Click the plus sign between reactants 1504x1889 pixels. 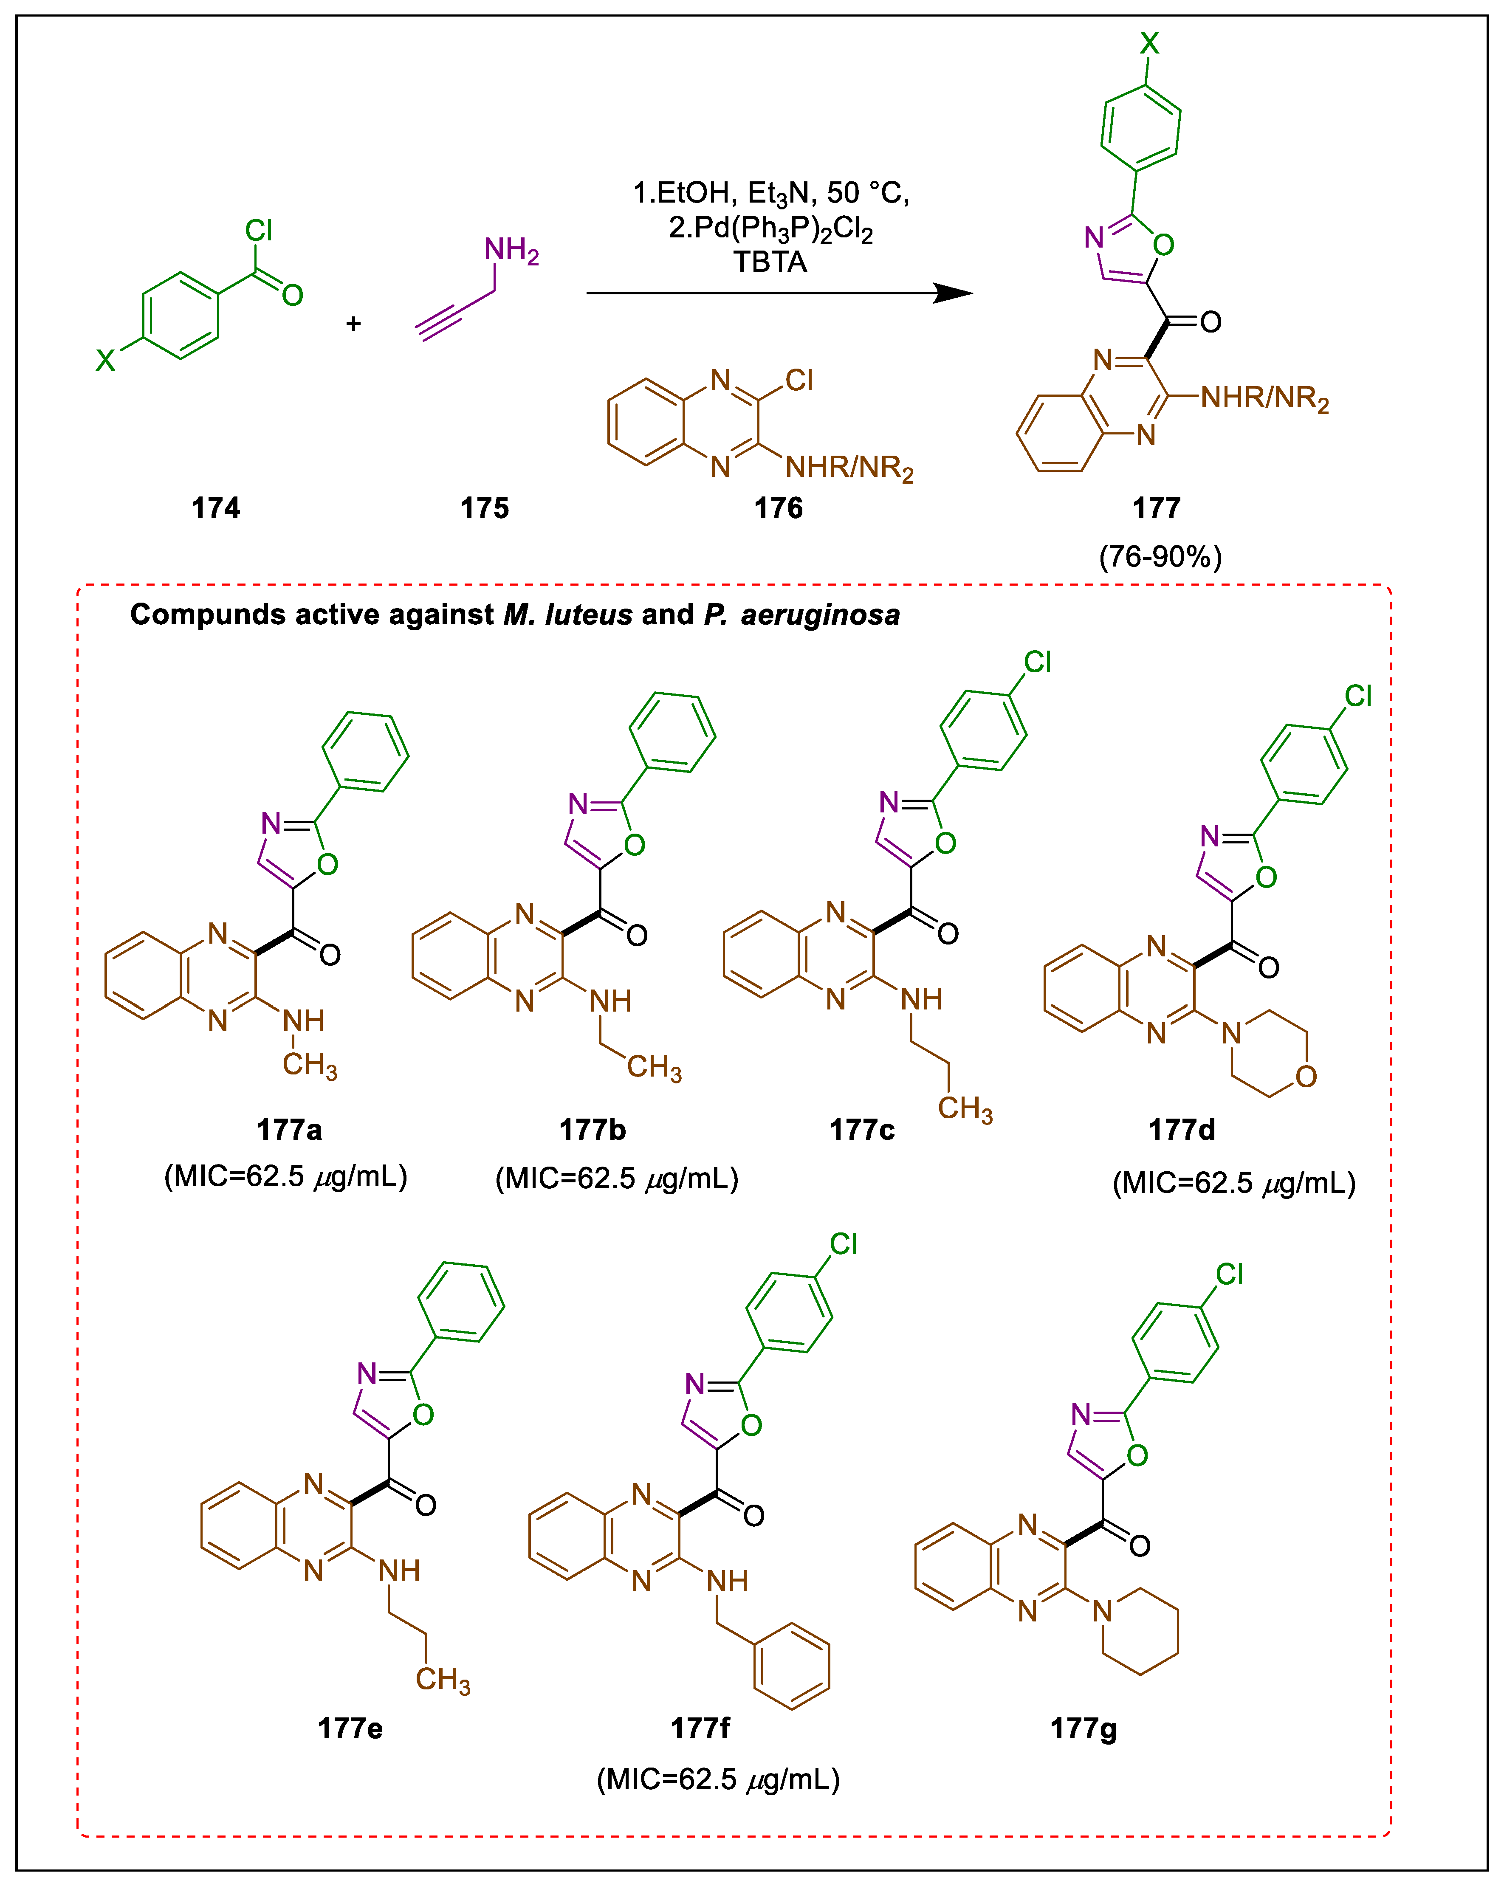click(x=353, y=323)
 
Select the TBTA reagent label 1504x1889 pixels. click(x=770, y=262)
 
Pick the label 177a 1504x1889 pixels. click(x=289, y=1130)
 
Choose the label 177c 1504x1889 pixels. click(x=863, y=1130)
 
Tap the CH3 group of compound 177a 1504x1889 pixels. click(x=309, y=1066)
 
